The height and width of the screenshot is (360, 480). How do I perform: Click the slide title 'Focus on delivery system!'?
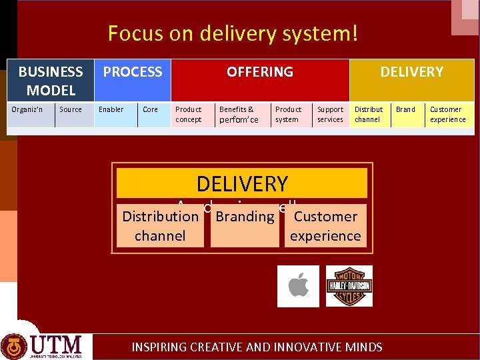coord(233,33)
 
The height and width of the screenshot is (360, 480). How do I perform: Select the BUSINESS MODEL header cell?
coord(51,80)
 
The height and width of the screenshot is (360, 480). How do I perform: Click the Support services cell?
coord(331,115)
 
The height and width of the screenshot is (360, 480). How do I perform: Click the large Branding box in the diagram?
coord(245,227)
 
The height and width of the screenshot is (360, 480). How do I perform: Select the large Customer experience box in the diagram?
coord(325,227)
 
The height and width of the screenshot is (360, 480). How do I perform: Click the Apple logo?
coord(298,286)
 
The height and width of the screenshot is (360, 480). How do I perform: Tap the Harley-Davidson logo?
coord(349,286)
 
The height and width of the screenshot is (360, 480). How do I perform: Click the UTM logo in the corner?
coord(45,345)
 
